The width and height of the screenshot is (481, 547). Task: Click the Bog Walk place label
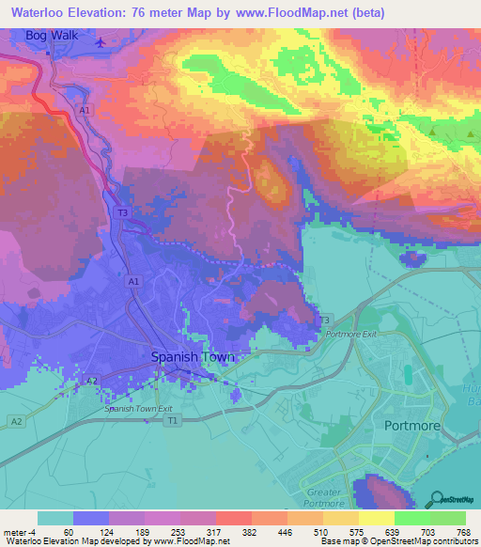[50, 36]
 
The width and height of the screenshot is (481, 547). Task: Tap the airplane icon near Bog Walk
[101, 41]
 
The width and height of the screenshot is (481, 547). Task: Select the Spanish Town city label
[193, 358]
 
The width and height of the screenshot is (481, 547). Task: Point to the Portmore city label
[411, 425]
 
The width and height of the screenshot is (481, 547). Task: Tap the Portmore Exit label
[349, 334]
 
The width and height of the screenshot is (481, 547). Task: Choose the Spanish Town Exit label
[138, 409]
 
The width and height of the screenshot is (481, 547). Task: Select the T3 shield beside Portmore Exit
[326, 320]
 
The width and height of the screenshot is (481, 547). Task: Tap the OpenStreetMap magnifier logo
[439, 498]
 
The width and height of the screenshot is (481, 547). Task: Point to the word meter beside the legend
[16, 531]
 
